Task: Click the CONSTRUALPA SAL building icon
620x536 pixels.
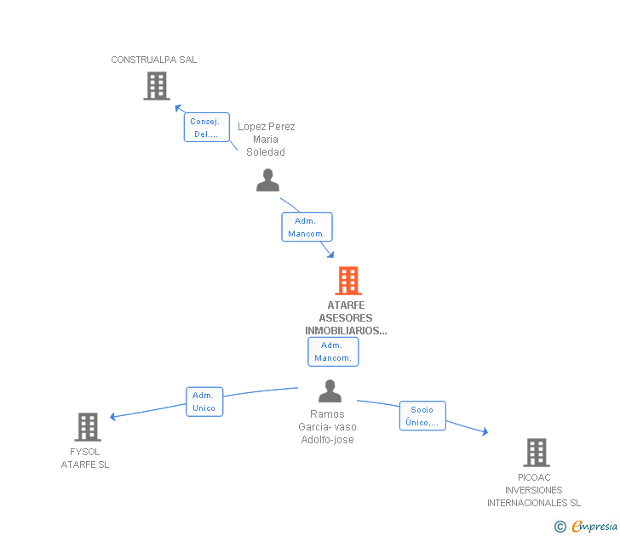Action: [x=157, y=86]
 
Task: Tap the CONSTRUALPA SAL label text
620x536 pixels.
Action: [x=154, y=60]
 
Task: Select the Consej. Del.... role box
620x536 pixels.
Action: [x=206, y=128]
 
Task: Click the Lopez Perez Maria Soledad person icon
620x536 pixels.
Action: [x=268, y=180]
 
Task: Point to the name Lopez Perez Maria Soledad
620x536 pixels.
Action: [x=266, y=140]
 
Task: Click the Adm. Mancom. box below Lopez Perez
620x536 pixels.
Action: [x=307, y=227]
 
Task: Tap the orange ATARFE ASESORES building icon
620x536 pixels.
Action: [x=347, y=281]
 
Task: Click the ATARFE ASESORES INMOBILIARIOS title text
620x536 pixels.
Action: [x=346, y=318]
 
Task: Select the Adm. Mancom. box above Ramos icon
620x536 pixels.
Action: [x=332, y=351]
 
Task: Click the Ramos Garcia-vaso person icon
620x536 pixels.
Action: [x=330, y=391]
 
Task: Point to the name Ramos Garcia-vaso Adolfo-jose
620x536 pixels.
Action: [x=327, y=427]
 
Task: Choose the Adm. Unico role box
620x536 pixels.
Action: [x=204, y=402]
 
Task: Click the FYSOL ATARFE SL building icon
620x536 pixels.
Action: [x=88, y=427]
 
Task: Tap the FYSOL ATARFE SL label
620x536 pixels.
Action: [x=85, y=459]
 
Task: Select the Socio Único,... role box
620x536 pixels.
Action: [x=422, y=415]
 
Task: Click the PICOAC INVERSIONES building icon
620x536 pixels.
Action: [x=536, y=453]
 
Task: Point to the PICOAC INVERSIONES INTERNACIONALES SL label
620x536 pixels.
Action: [x=534, y=490]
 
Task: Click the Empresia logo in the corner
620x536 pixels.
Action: [x=594, y=526]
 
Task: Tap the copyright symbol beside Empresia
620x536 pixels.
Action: [x=560, y=527]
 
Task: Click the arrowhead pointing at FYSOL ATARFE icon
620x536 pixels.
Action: [x=113, y=417]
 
